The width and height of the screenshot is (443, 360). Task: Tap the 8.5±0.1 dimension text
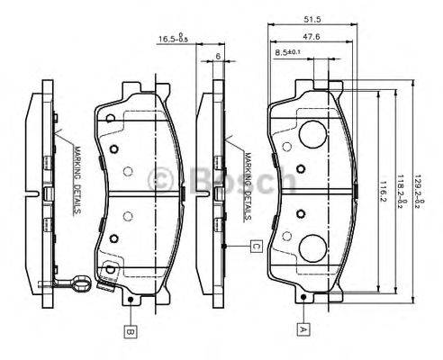[x=290, y=55]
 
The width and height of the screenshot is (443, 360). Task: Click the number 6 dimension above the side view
[x=219, y=56]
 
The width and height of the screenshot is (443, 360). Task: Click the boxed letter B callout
[x=130, y=330]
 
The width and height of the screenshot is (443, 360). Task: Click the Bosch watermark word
[x=234, y=180]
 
